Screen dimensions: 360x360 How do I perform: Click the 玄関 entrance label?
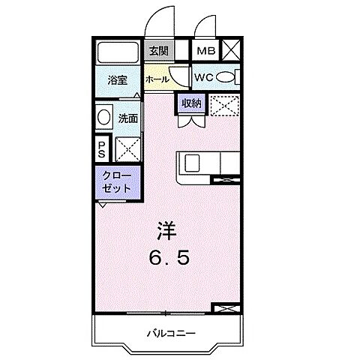(158, 51)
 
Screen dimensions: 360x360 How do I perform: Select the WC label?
(205, 77)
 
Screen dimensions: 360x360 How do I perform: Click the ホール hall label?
(156, 79)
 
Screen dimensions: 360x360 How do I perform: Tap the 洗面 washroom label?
(128, 118)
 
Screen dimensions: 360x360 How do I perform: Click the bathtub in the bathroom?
(117, 52)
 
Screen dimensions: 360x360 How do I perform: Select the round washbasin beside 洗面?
(104, 118)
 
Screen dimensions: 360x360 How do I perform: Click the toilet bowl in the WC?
(230, 77)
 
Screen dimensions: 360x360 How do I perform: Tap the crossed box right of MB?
(230, 51)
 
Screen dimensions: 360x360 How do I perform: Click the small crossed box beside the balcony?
(224, 308)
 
